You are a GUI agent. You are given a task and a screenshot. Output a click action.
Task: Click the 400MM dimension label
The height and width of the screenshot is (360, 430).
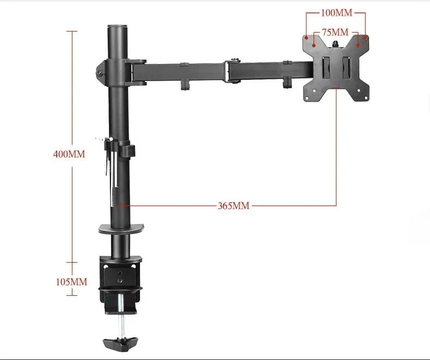(69, 154)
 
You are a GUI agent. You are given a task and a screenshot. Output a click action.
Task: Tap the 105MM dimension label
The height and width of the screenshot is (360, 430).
(71, 282)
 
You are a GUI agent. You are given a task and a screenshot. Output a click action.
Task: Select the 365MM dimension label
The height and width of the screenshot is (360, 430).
(234, 206)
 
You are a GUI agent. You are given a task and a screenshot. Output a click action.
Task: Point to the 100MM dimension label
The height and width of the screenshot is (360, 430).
(336, 13)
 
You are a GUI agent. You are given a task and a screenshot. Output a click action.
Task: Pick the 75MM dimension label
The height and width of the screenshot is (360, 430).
(335, 32)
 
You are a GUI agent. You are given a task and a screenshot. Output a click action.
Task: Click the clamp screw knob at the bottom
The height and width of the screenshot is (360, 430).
(120, 344)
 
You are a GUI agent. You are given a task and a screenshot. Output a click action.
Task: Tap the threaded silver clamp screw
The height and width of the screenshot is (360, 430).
(121, 315)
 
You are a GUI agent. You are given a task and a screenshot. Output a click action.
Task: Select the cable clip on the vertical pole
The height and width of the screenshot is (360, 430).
(127, 151)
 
